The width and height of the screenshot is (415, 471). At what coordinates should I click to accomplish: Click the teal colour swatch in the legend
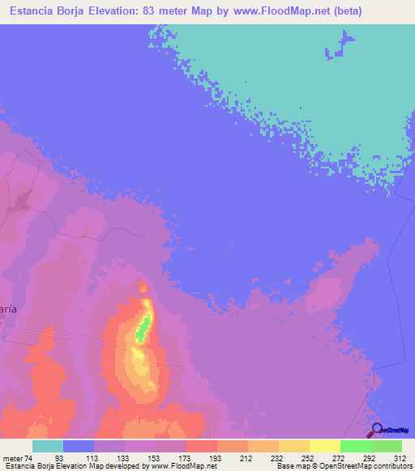48,446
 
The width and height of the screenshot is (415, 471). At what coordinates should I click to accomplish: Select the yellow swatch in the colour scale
324,446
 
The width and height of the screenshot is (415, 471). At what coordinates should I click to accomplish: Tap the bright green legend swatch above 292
355,446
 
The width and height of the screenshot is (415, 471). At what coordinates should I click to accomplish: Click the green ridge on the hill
142,328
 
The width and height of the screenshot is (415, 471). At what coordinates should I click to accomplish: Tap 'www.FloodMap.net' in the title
278,11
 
